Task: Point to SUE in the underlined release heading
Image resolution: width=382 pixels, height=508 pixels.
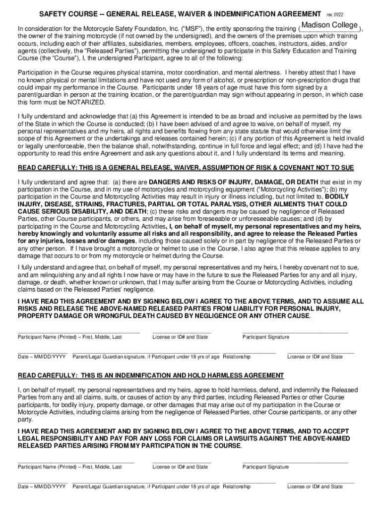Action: pyautogui.click(x=347, y=168)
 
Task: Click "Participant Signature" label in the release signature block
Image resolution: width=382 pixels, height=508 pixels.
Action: pyautogui.click(x=266, y=337)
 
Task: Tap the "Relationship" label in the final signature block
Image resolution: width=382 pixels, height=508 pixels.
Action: pyautogui.click(x=237, y=487)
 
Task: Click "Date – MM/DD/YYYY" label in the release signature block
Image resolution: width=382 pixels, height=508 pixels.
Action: pyautogui.click(x=42, y=357)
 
